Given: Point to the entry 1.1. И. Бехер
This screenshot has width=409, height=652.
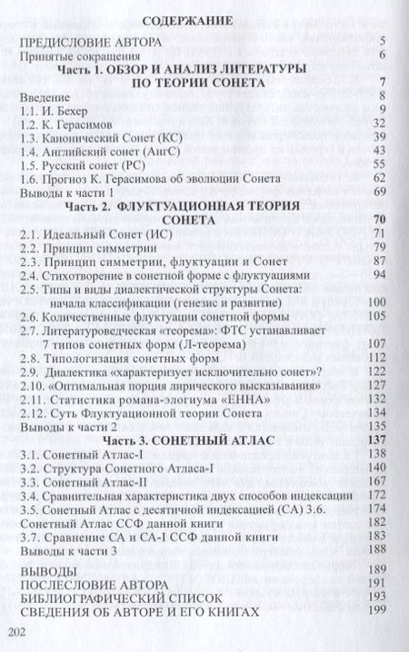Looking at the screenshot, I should (65, 107).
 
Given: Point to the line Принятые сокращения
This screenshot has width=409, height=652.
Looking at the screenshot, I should (87, 55).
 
